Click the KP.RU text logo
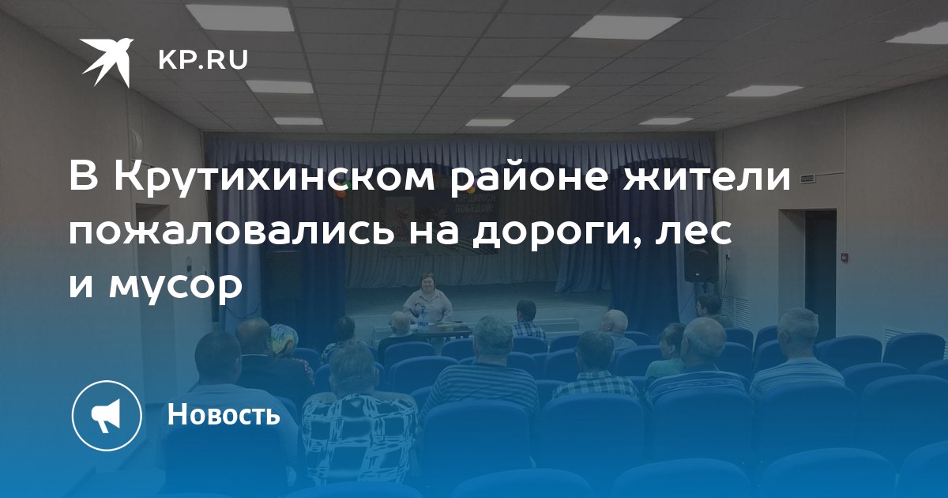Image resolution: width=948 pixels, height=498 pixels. pyautogui.click(x=203, y=60)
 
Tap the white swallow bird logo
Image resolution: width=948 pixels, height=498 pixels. pyautogui.click(x=107, y=62)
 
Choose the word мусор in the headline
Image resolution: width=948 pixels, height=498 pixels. pyautogui.click(x=175, y=286)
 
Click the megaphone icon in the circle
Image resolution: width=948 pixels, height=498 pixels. pyautogui.click(x=107, y=416)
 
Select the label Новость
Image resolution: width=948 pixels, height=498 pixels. pyautogui.click(x=224, y=413)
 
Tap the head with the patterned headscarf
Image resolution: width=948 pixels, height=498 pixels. pyautogui.click(x=284, y=339)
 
